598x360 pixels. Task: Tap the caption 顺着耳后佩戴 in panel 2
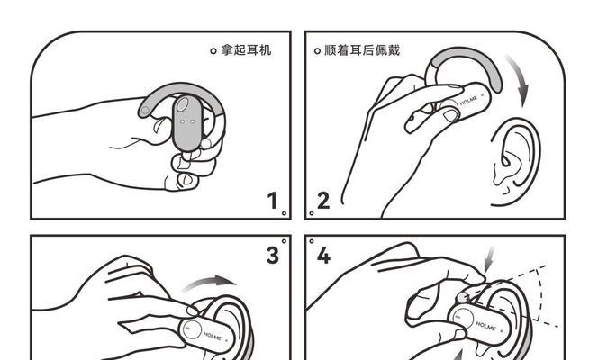pos(361,50)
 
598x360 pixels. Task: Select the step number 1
pos(272,201)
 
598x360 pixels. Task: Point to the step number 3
pos(272,255)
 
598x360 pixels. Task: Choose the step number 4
pos(323,255)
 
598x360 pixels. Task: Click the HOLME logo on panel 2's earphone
pos(469,102)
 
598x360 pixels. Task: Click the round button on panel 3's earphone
pos(192,329)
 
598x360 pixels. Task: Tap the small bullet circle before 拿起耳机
pos(213,51)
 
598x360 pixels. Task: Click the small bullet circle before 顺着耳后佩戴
pos(317,51)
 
